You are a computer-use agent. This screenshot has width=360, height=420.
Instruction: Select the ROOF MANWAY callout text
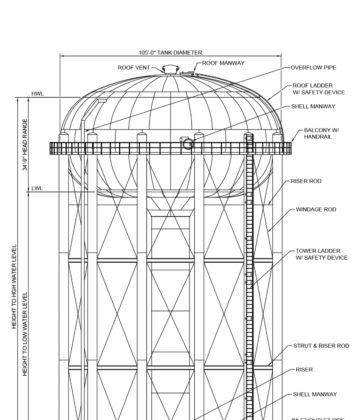(x=224, y=63)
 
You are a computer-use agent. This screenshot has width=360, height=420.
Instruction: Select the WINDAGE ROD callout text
(x=315, y=209)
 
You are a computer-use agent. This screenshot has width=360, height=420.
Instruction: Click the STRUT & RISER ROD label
(x=321, y=345)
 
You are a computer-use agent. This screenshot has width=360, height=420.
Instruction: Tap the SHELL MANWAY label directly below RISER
(x=316, y=393)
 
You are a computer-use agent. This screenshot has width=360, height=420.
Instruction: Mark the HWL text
(x=38, y=94)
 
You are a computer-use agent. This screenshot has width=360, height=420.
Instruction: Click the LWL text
(x=36, y=187)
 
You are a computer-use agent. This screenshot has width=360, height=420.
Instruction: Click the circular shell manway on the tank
(x=187, y=144)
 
